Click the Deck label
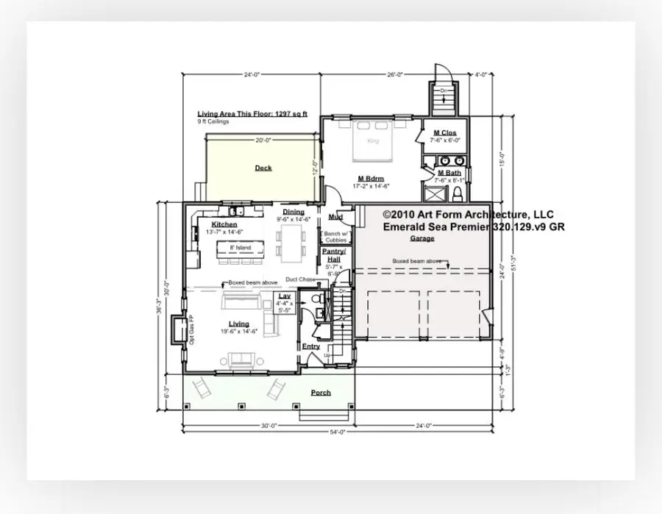point(263,168)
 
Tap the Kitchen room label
point(224,224)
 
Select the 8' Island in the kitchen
point(241,248)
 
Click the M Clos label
point(445,133)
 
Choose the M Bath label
point(444,173)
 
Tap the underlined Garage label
point(422,238)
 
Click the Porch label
point(320,393)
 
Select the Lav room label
point(285,296)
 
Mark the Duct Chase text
point(300,279)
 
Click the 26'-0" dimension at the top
point(396,74)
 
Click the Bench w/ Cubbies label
point(335,236)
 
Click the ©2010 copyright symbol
point(387,214)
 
